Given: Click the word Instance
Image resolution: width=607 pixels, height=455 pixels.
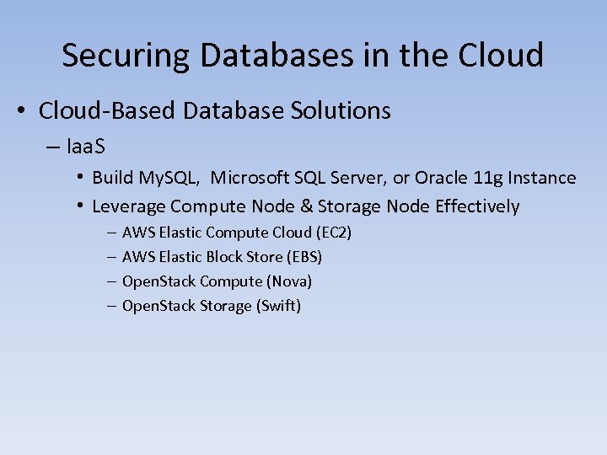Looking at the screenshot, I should (538, 178).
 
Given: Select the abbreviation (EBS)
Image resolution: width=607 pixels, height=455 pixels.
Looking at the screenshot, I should (303, 256).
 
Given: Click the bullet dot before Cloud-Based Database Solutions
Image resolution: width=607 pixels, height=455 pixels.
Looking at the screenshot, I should (24, 110).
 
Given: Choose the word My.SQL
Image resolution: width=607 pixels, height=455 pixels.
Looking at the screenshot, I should (173, 178).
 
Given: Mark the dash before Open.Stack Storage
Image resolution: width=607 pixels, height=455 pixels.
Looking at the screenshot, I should (112, 306).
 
